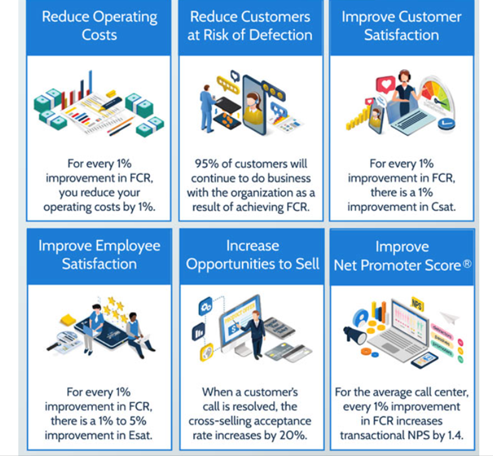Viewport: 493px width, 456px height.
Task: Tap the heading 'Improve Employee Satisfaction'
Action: pyautogui.click(x=99, y=254)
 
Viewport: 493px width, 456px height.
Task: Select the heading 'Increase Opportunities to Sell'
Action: pyautogui.click(x=252, y=254)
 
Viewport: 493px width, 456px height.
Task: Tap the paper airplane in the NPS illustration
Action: pyautogui.click(x=449, y=318)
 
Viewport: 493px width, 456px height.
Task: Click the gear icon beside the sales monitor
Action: pyautogui.click(x=205, y=307)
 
